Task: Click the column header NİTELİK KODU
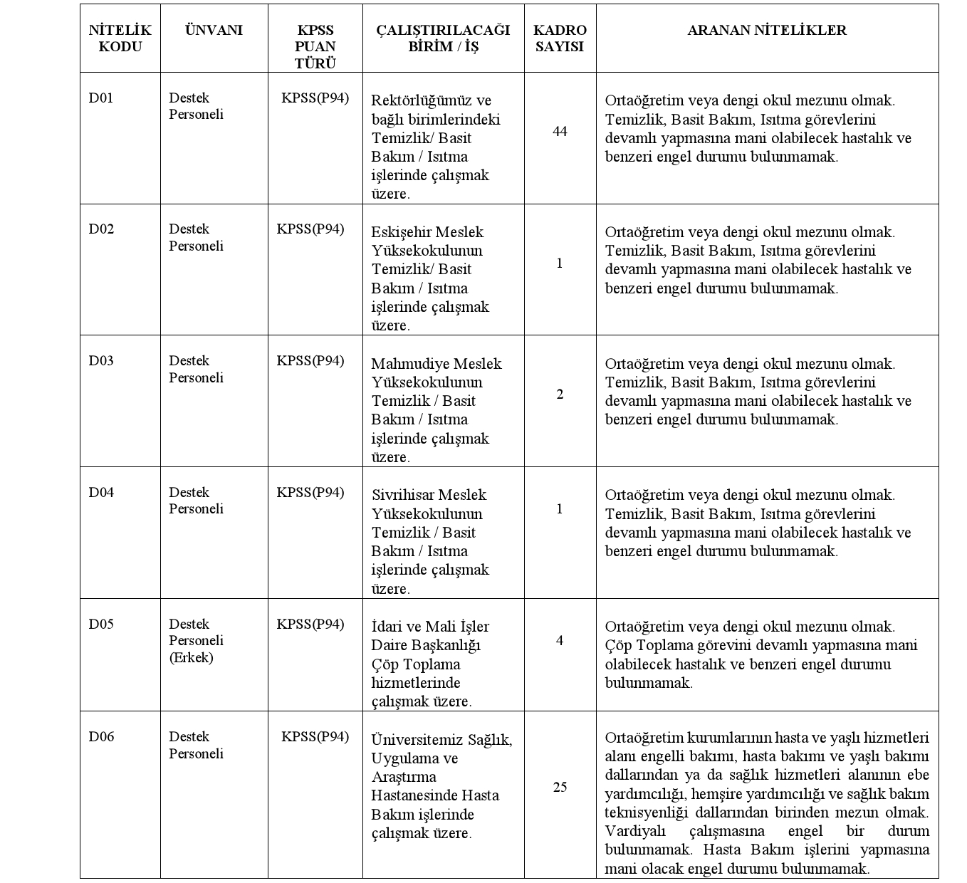pyautogui.click(x=120, y=38)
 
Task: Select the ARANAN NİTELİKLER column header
pyautogui.click(x=767, y=30)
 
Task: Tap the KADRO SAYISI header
pyautogui.click(x=560, y=38)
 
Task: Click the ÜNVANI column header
pyautogui.click(x=214, y=30)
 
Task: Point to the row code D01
pyautogui.click(x=101, y=98)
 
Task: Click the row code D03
pyautogui.click(x=101, y=360)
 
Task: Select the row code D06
pyautogui.click(x=101, y=736)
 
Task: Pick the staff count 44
pyautogui.click(x=560, y=132)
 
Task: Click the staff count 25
pyautogui.click(x=560, y=787)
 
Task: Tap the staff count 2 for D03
pyautogui.click(x=560, y=395)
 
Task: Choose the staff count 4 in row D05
pyautogui.click(x=560, y=640)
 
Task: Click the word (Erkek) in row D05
pyautogui.click(x=191, y=657)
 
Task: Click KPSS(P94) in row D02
pyautogui.click(x=310, y=229)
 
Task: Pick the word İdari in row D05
pyautogui.click(x=387, y=627)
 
